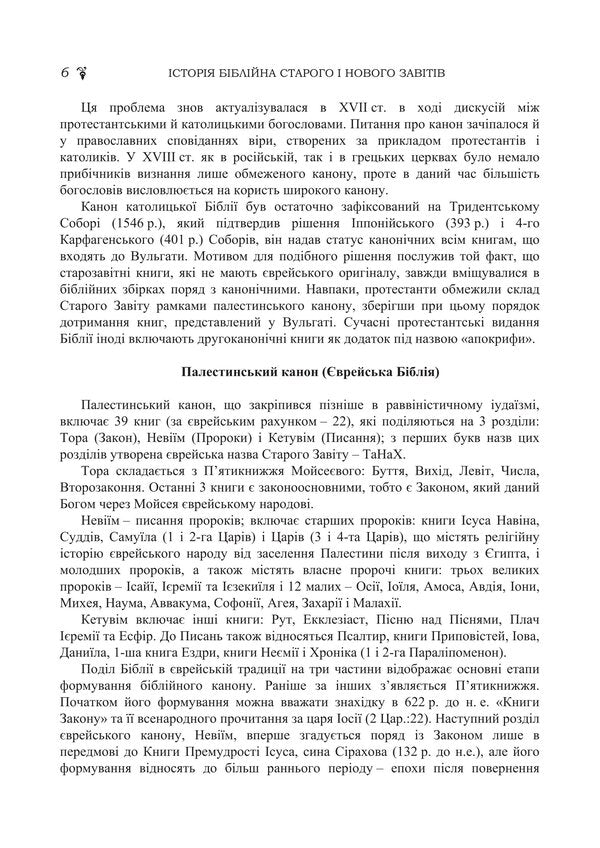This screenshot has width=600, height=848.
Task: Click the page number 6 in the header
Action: coord(65,72)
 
